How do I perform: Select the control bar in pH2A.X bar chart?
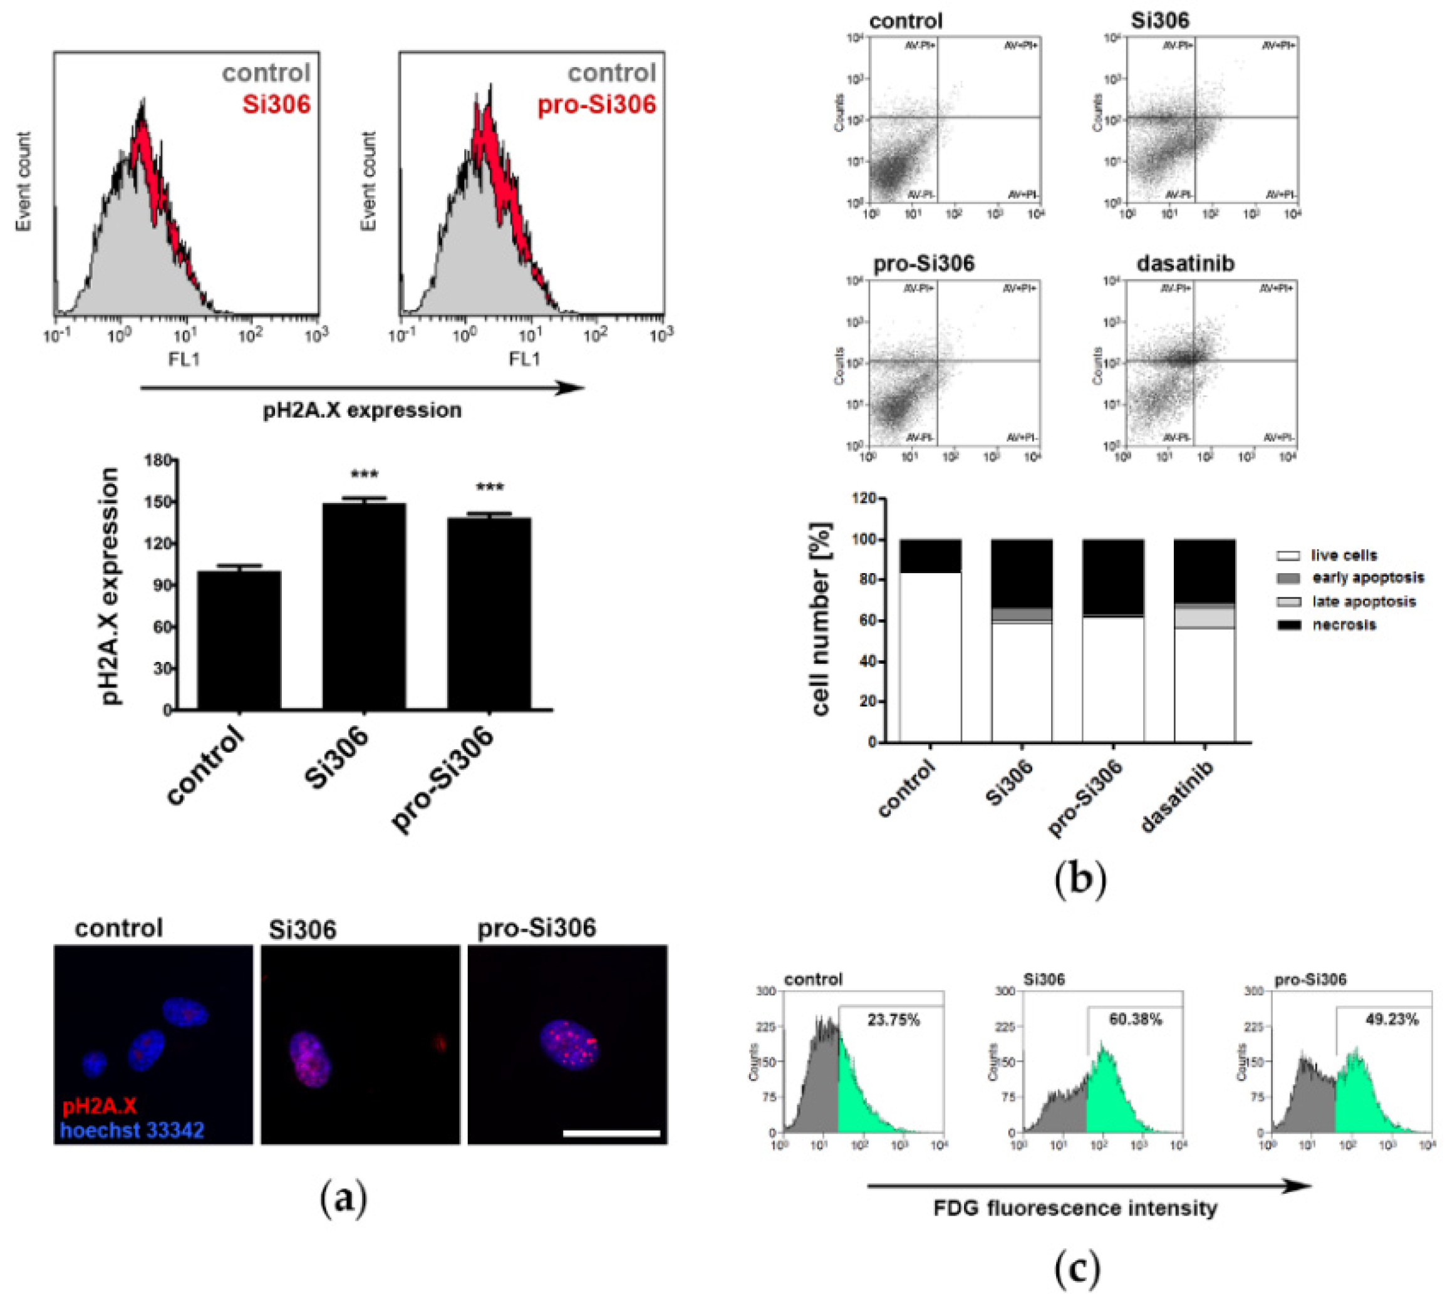click(x=239, y=640)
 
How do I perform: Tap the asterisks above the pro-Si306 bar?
click(x=489, y=488)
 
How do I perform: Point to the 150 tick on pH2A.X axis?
click(x=158, y=502)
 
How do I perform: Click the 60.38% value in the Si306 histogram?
click(x=1135, y=1020)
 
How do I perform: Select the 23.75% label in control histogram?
click(x=893, y=1020)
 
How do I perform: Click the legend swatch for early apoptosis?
click(x=1288, y=578)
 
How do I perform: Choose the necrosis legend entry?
click(x=1344, y=625)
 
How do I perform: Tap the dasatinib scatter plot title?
click(x=1184, y=264)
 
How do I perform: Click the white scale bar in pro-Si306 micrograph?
click(x=611, y=1133)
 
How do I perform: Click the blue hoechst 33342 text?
click(x=133, y=1130)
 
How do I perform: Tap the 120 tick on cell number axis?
click(x=865, y=499)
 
